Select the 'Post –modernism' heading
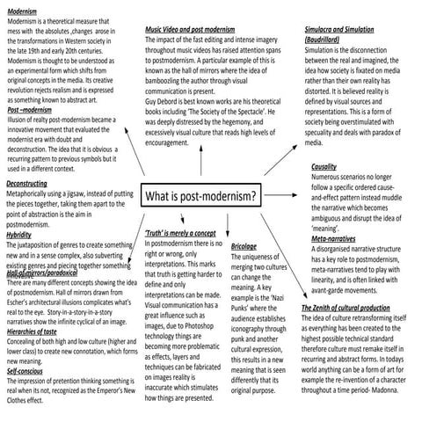[x=29, y=111]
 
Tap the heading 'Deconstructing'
[x=26, y=182]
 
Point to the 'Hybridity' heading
[x=18, y=235]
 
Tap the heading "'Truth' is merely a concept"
[x=180, y=233]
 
